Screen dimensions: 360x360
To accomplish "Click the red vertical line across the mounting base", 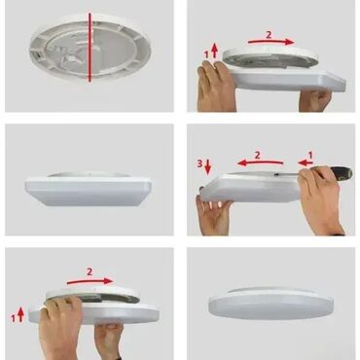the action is tap(90, 48).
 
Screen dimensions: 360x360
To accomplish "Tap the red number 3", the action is tap(199, 163).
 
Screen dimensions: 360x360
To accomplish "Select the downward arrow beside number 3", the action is tap(208, 166).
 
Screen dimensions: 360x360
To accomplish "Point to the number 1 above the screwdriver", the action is tap(310, 156).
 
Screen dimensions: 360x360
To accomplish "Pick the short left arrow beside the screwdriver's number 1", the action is tap(306, 162).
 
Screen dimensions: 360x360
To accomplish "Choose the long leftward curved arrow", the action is tap(260, 162).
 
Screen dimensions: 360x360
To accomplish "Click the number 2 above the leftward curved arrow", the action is tap(258, 155).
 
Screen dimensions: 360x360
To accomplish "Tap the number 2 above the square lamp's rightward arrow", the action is tap(269, 35).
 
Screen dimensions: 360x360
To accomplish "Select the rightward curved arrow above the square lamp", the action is tap(271, 42).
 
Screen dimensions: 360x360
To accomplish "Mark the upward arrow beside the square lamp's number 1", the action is tap(214, 52).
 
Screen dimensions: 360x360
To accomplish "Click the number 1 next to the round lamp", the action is tap(13, 318).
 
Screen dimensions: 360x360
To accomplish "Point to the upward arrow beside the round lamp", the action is tap(20, 313).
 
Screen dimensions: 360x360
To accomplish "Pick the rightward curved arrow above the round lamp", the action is tap(90, 281).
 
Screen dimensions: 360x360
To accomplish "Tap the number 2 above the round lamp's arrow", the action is tap(90, 271).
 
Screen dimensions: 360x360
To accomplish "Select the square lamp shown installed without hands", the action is tap(89, 190).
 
